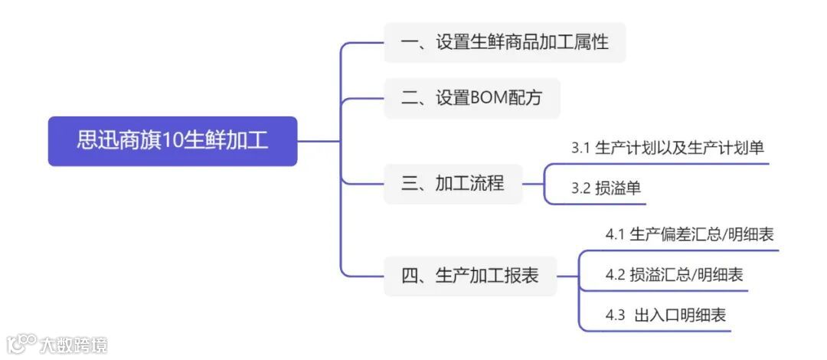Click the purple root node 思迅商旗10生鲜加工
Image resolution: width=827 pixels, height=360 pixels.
pos(172,141)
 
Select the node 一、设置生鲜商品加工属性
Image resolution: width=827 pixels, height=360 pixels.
pos(505,42)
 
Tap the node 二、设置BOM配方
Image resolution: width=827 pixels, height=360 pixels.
pos(472,98)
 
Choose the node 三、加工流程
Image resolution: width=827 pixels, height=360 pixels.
pos(453,184)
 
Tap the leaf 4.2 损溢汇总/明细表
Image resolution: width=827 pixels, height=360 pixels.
pos(674,274)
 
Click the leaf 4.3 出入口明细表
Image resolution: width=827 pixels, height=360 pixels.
pos(665,314)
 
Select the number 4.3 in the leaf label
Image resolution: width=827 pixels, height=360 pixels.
pos(616,314)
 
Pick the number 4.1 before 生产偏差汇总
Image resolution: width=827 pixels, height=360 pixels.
pos(616,234)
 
